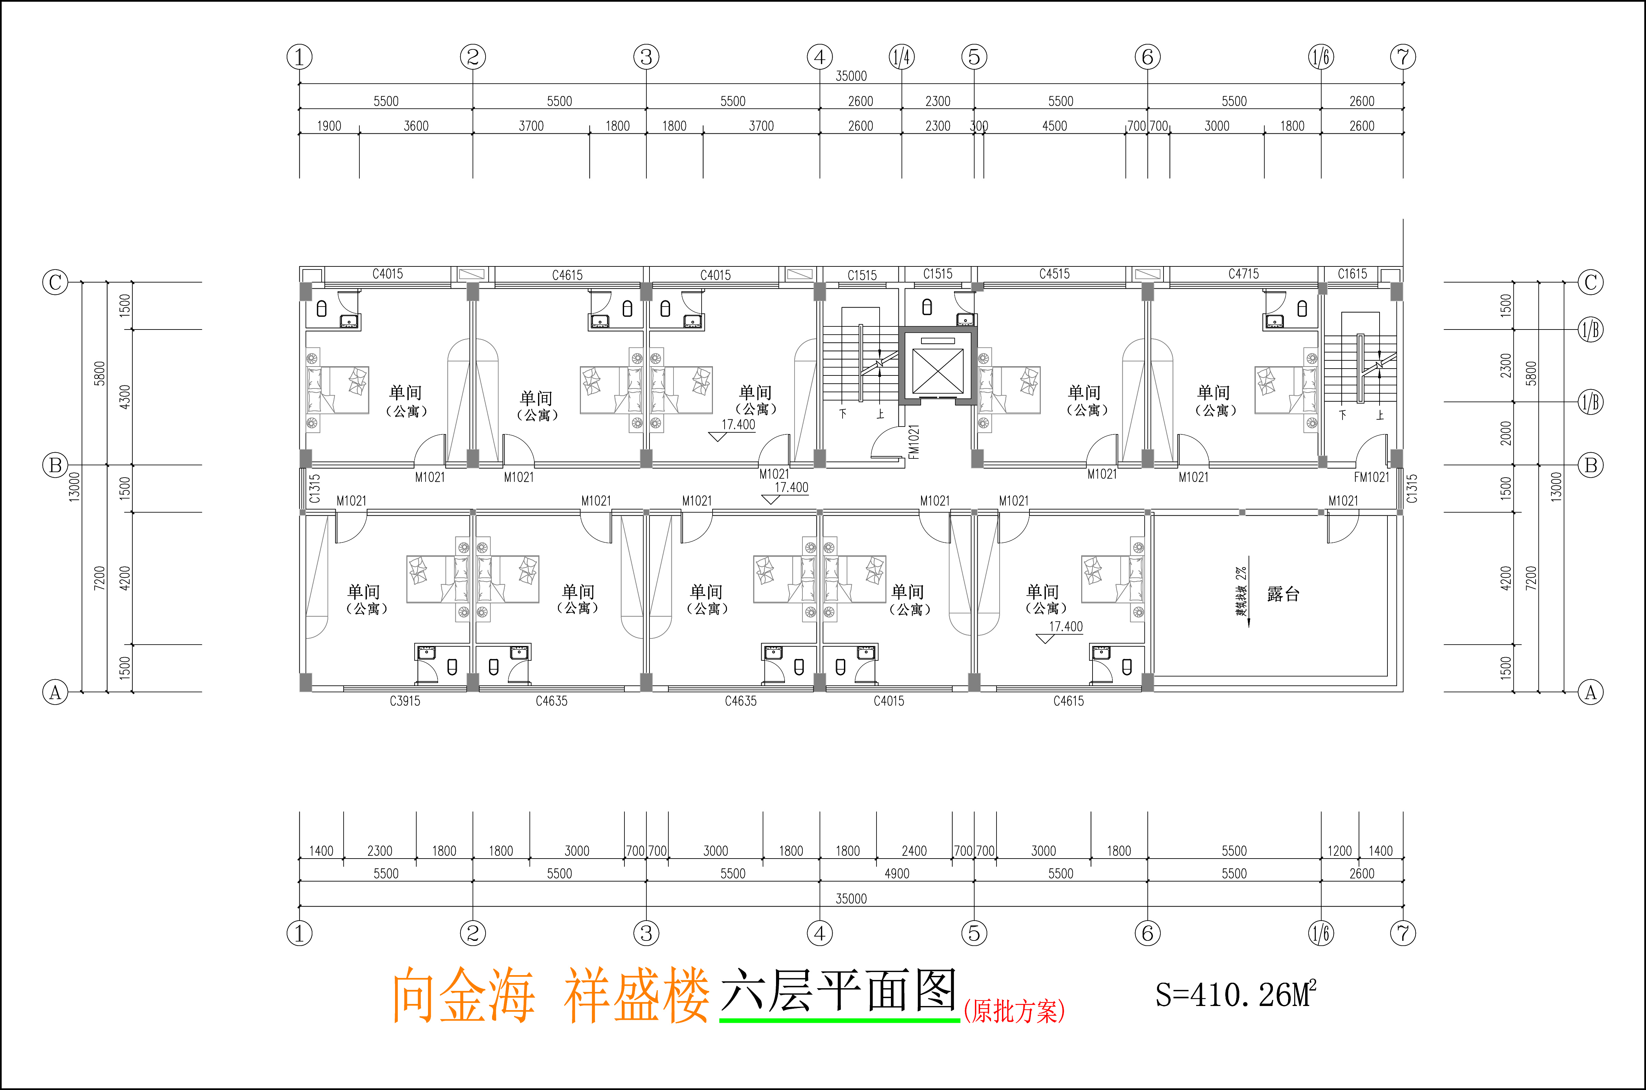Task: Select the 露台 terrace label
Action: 1283,594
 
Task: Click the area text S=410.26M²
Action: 1235,995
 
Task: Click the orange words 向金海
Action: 463,996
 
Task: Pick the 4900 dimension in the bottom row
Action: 897,874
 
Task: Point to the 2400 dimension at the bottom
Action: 914,851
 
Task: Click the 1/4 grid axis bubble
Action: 902,57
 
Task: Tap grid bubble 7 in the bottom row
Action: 1403,933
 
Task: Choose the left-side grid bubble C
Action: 56,282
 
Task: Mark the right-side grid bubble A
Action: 1590,692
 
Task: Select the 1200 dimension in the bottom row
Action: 1339,851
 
